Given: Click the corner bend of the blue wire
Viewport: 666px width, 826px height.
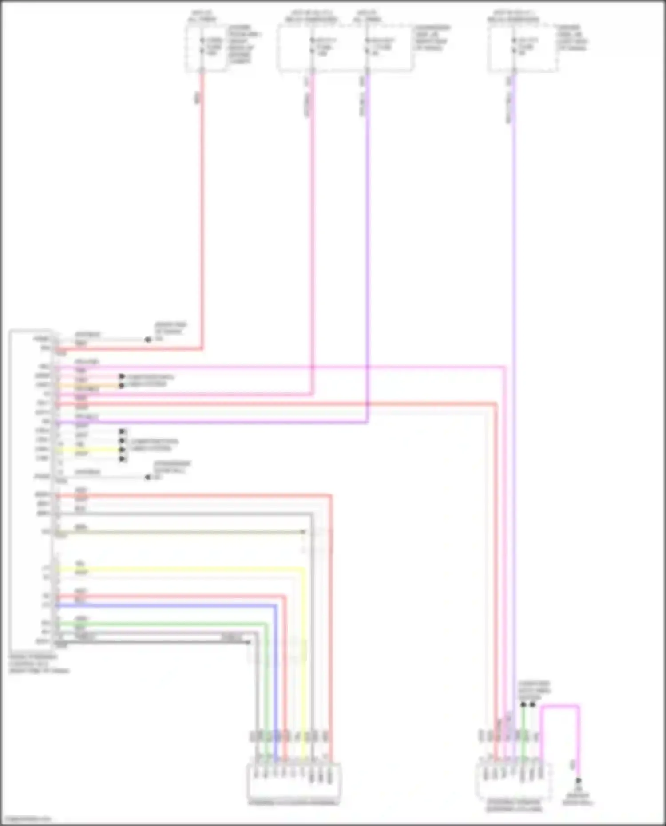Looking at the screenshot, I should click(275, 605).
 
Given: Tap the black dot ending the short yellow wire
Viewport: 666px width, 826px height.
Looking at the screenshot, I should click(122, 449).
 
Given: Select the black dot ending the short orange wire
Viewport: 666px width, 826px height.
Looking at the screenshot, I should click(121, 386).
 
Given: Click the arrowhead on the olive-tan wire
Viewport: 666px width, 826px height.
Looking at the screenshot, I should click(303, 531).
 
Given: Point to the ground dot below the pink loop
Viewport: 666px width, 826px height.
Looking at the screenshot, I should click(578, 780).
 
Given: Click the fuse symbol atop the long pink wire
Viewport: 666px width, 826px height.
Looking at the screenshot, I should click(312, 46).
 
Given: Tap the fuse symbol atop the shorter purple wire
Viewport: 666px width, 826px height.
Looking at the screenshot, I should click(367, 46).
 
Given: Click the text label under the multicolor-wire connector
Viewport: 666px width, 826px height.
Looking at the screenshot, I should click(293, 802).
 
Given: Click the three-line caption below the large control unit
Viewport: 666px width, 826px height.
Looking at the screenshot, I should click(39, 663).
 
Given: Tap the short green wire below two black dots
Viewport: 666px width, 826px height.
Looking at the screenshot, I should click(523, 728).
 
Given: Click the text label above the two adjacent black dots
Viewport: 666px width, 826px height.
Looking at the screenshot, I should click(534, 691).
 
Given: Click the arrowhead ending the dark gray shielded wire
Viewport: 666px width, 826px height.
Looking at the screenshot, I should click(249, 642).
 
